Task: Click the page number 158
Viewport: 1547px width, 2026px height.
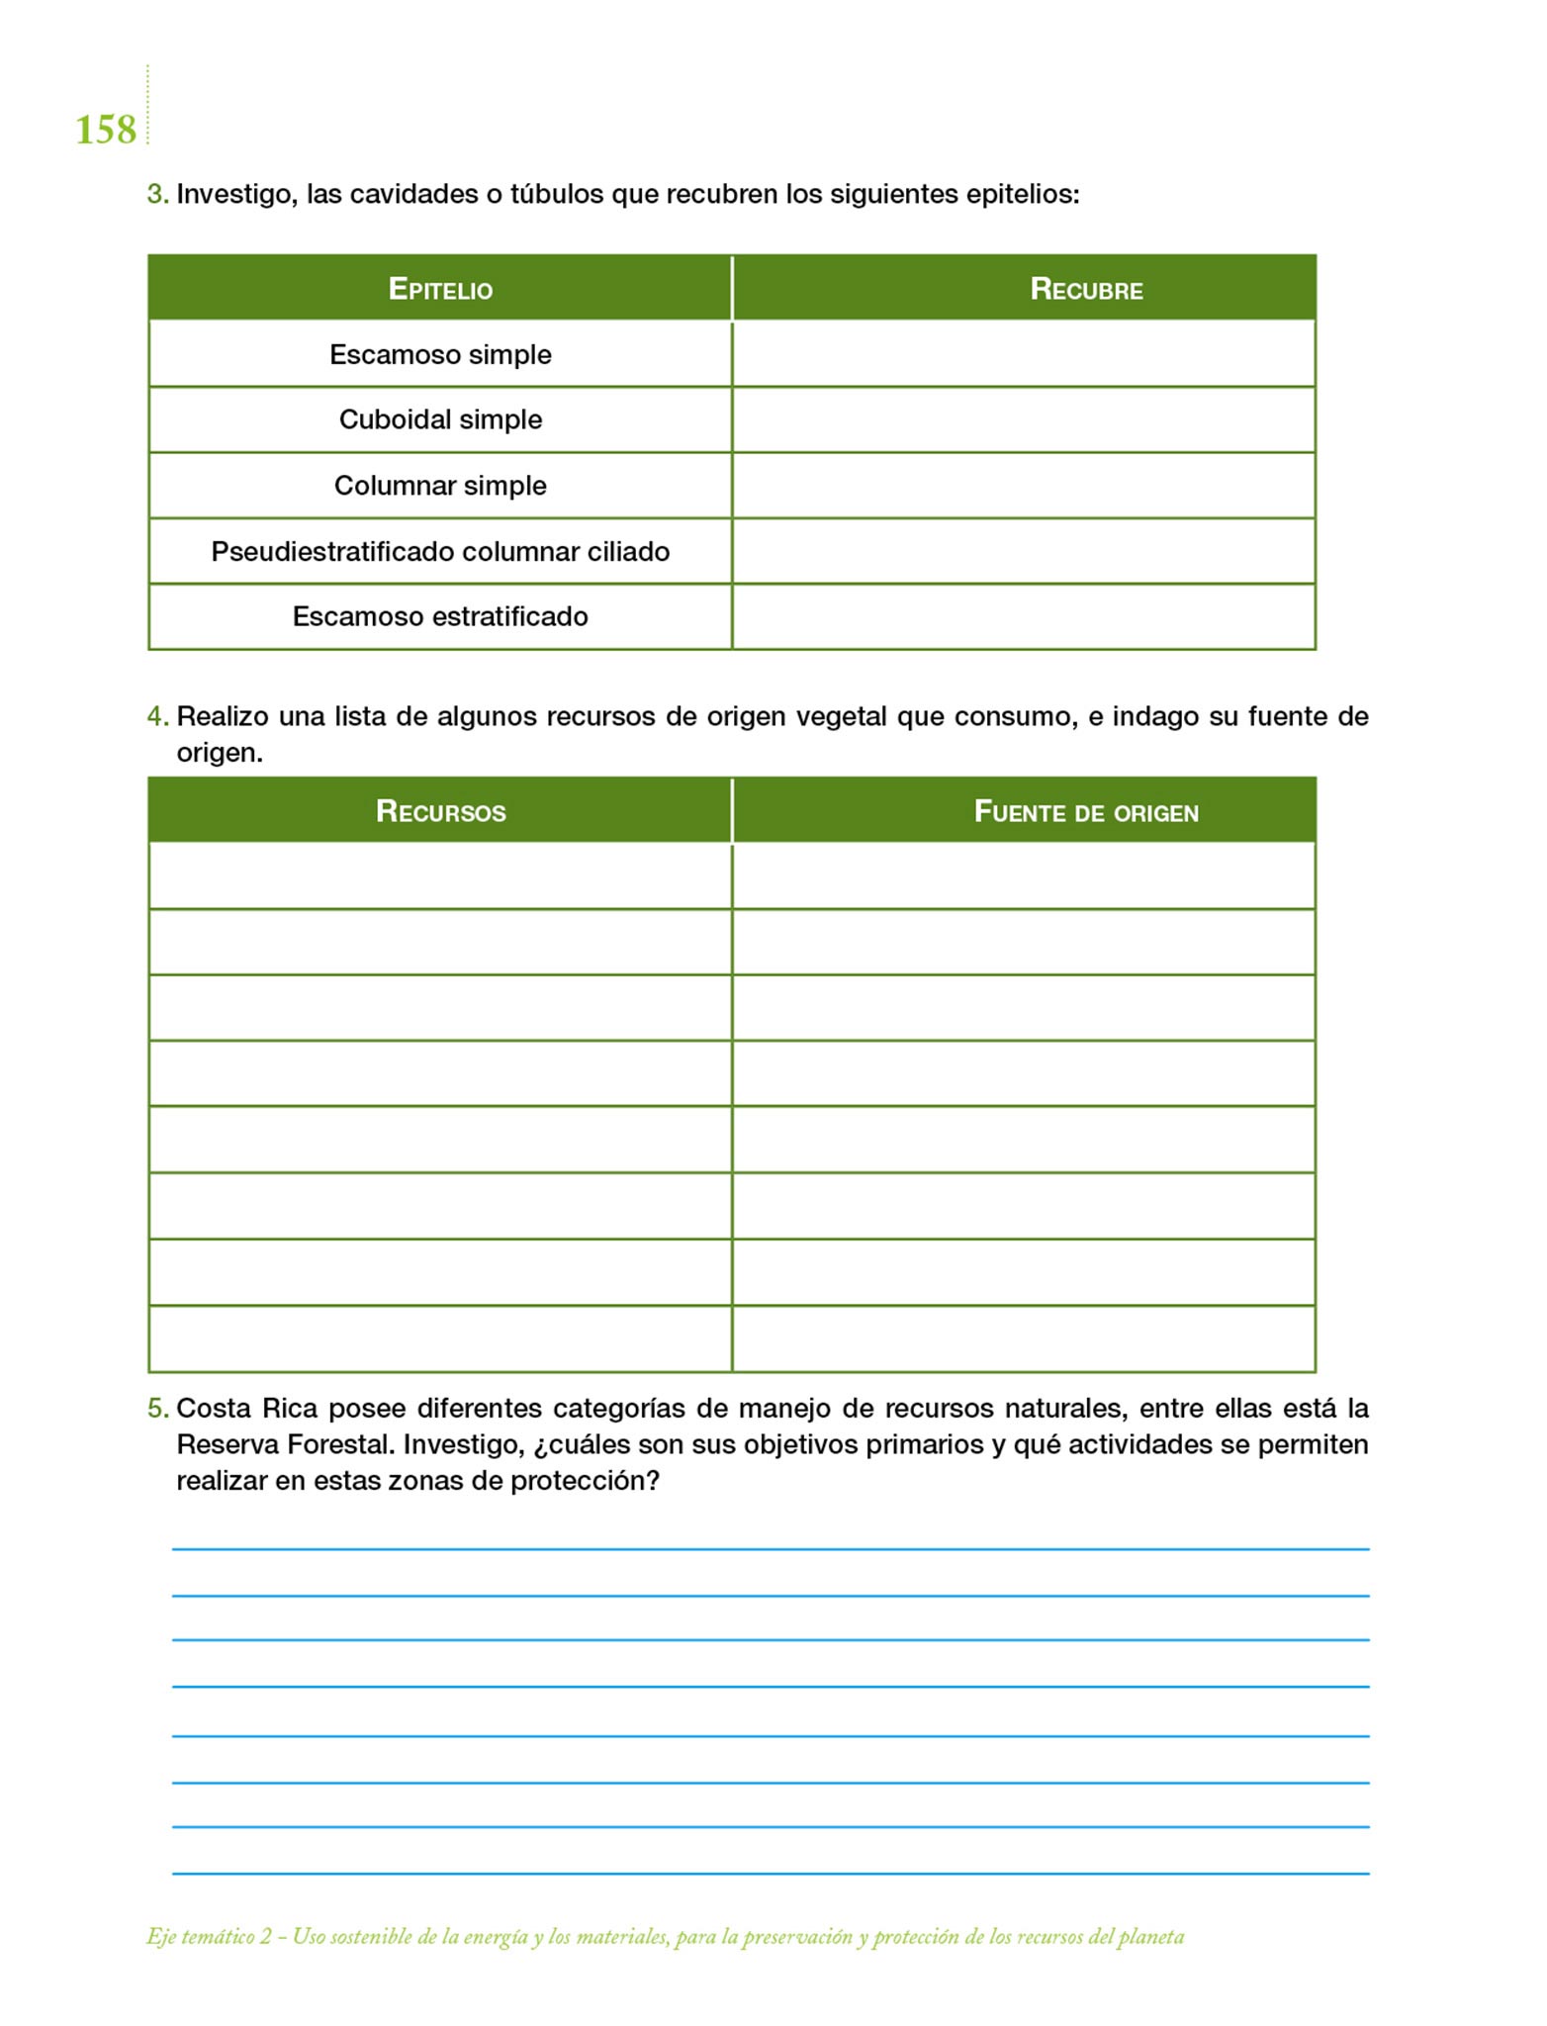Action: click(x=106, y=130)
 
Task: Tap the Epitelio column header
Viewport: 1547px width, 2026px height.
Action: click(x=440, y=289)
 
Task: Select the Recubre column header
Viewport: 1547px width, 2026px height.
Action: click(x=1086, y=289)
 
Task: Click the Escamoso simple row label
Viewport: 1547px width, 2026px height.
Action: click(x=440, y=354)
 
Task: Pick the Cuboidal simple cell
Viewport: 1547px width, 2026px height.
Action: click(x=440, y=419)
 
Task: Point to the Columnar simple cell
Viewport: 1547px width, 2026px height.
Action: click(x=440, y=486)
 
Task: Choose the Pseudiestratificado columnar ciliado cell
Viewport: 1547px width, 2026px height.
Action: click(x=440, y=551)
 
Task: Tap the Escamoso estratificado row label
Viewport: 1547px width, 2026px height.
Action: click(x=440, y=616)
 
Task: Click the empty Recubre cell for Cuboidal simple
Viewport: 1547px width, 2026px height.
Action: click(x=1024, y=419)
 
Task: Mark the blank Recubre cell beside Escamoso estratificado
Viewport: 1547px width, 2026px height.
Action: click(x=1024, y=616)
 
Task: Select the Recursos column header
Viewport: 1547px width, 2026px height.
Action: click(x=440, y=812)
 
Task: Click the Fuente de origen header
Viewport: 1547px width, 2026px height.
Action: click(x=1086, y=812)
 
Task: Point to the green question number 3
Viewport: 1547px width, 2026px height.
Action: click(x=157, y=194)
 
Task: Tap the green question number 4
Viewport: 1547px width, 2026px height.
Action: click(x=157, y=716)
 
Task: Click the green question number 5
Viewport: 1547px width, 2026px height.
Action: click(x=157, y=1408)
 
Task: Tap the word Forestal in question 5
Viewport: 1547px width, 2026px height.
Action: click(x=340, y=1444)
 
